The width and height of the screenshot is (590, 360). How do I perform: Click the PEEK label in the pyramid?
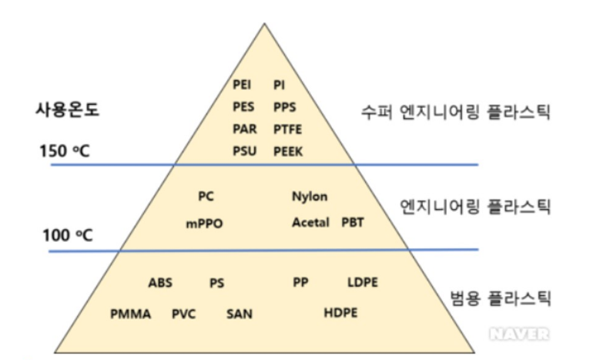289,151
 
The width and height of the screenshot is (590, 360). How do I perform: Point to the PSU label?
244,151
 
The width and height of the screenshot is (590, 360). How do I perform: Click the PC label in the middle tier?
206,197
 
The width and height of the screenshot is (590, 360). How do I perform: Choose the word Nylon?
310,197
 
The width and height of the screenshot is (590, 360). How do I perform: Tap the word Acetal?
310,223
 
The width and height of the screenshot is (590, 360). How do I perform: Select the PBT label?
353,223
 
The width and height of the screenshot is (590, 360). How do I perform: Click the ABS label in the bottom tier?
160,283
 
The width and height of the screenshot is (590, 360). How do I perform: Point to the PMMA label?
130,314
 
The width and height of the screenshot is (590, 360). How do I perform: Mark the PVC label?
184,314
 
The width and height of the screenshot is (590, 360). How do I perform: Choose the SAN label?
240,314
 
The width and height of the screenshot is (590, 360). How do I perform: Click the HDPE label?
341,313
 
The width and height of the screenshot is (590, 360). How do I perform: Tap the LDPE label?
363,283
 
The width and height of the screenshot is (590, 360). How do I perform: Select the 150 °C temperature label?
65,151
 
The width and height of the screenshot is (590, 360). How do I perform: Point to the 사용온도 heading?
66,109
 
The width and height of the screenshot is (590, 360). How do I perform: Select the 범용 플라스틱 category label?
500,296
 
